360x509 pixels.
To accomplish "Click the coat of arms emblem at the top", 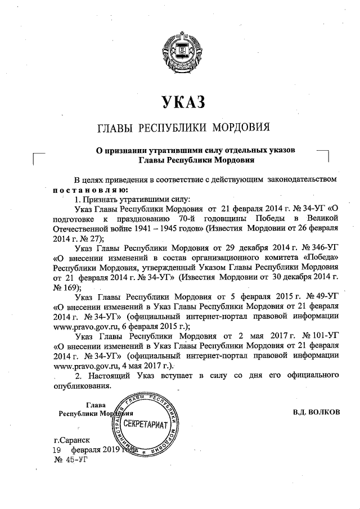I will (x=179, y=51).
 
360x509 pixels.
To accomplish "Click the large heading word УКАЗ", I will (x=181, y=101).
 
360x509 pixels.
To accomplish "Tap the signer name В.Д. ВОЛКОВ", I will (x=317, y=412).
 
